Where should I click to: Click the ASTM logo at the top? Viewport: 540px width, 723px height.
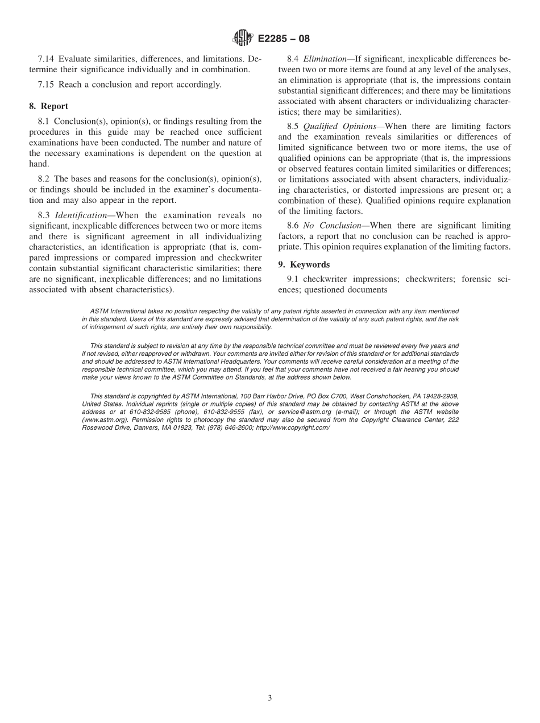[243, 39]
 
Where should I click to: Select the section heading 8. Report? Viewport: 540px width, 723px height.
[49, 106]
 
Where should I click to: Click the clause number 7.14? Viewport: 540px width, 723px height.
[46, 59]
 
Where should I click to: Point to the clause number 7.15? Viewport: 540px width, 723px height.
[46, 85]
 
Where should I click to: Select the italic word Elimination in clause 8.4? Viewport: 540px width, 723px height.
[325, 59]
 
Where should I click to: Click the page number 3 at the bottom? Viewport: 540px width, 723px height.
[270, 699]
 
